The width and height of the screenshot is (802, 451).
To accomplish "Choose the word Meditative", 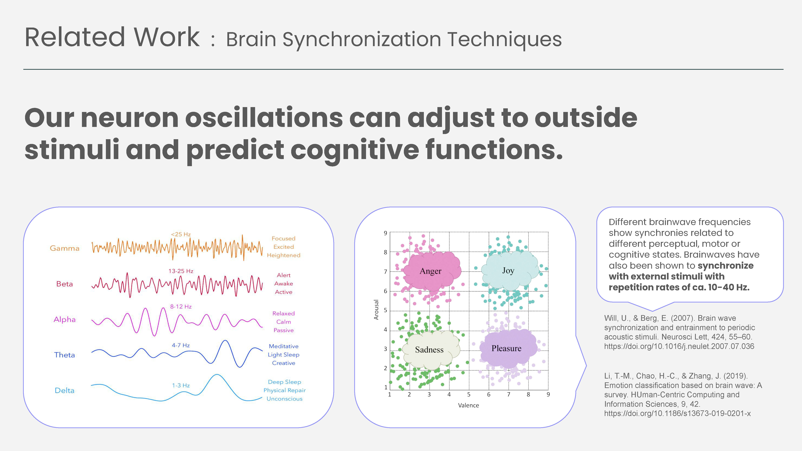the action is click(284, 346).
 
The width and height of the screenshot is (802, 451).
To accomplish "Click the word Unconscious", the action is click(284, 399).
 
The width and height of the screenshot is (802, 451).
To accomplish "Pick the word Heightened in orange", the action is click(284, 255).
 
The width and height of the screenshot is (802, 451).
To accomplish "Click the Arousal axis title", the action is click(376, 310).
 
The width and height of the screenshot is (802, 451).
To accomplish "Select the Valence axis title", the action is click(469, 405).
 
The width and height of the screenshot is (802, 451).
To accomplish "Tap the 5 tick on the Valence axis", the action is click(469, 394).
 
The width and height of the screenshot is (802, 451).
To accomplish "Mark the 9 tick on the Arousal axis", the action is click(385, 233).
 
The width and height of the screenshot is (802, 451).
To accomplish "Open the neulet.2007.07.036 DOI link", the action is click(679, 346).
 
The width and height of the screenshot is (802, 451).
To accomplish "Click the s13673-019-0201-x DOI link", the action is click(678, 413).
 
